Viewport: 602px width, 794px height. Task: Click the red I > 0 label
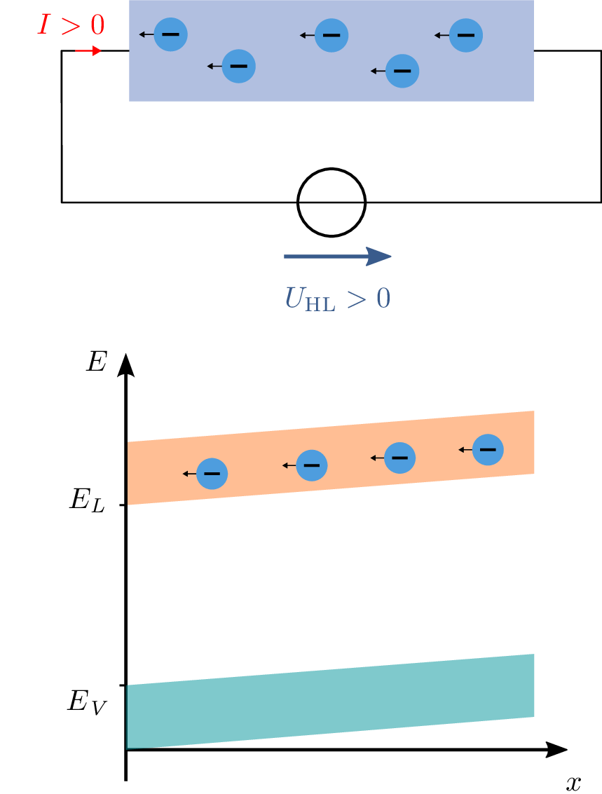71,25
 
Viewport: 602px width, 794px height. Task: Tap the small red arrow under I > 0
88,50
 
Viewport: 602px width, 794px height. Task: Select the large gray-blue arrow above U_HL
337,256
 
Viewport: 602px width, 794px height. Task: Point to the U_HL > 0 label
337,299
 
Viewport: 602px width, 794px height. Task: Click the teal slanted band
331,701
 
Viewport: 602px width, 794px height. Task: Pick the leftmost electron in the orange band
212,474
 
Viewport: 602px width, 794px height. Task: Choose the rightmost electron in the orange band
488,449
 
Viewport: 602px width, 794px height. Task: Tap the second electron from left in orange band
312,465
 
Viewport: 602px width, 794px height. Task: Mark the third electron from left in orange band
399,458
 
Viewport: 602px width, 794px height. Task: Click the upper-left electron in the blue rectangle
170,34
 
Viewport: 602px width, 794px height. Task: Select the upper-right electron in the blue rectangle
466,35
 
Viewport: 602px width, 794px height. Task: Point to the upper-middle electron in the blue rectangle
331,35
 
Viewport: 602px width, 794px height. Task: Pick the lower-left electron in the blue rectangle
238,66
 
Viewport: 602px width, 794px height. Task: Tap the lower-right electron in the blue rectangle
402,71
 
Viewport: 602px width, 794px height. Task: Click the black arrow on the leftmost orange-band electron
189,474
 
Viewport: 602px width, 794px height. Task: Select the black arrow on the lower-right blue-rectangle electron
378,71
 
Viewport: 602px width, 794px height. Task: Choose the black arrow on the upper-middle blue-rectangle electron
307,35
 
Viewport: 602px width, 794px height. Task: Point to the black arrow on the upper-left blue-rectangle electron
146,34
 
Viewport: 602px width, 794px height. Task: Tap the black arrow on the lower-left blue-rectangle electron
214,66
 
